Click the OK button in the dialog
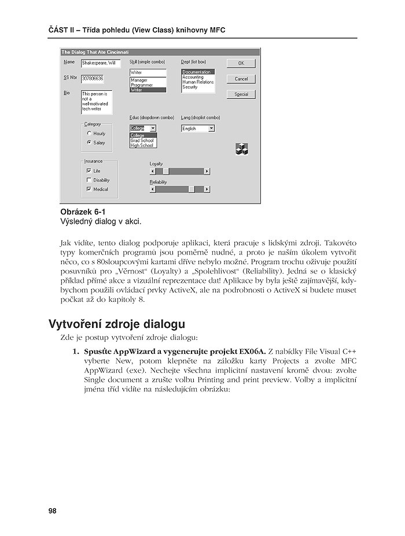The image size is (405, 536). pyautogui.click(x=241, y=63)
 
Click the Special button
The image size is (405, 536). pyautogui.click(x=241, y=94)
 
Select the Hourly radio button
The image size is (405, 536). pyautogui.click(x=89, y=134)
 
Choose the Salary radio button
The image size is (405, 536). pyautogui.click(x=89, y=142)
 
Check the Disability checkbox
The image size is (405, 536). pyautogui.click(x=89, y=180)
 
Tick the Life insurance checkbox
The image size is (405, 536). pyautogui.click(x=89, y=171)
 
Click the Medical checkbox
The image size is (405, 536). pyautogui.click(x=89, y=189)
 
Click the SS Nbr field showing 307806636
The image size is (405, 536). pyautogui.click(x=93, y=78)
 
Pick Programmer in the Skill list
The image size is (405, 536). pyautogui.click(x=142, y=85)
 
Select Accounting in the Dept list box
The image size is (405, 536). pyautogui.click(x=193, y=77)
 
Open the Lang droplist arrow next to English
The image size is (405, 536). pyautogui.click(x=212, y=128)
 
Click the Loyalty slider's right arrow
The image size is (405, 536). pyautogui.click(x=207, y=171)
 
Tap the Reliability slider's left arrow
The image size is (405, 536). pyautogui.click(x=153, y=189)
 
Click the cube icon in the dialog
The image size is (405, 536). pyautogui.click(x=241, y=149)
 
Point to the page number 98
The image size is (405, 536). pyautogui.click(x=53, y=511)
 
